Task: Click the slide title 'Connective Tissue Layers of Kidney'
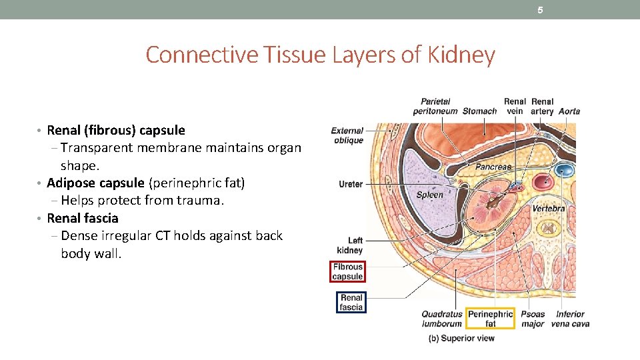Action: coord(320,55)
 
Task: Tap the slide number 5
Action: coord(541,10)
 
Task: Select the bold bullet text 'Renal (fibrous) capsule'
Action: coord(116,130)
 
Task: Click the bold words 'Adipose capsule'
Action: coord(95,183)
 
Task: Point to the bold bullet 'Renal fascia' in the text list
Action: coord(83,218)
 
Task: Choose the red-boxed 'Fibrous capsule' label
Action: coord(347,271)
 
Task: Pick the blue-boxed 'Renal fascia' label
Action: coord(351,303)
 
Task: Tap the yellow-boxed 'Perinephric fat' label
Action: coord(490,319)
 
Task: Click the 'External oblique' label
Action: coord(347,135)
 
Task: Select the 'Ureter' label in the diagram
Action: coord(351,184)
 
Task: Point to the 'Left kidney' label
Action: coord(351,245)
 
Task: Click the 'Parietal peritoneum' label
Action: coord(435,107)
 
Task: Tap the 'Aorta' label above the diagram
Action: coord(569,111)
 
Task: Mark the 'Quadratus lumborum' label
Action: coord(441,319)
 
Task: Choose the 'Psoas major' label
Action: coord(533,319)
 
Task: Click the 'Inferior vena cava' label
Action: coord(570,319)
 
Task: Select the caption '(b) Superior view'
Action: coord(461,338)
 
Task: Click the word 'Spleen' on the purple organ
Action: coord(429,195)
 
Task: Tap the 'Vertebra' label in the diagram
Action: coord(548,209)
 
